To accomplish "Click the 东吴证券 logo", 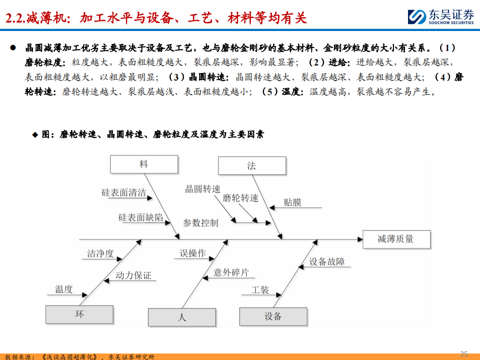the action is click(439, 16).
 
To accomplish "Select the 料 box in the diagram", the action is click(143, 164).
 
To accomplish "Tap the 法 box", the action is click(251, 166).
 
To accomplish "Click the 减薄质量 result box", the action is click(395, 239).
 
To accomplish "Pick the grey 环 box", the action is click(79, 314).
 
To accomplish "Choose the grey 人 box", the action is click(181, 317).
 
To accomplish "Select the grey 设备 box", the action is click(272, 316).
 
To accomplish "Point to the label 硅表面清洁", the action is click(123, 193).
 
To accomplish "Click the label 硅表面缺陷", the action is click(140, 217).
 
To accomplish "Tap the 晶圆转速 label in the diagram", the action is click(202, 189).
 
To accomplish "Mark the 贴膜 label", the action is click(292, 202).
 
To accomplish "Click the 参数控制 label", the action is click(200, 223).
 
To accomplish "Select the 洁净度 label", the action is click(100, 254).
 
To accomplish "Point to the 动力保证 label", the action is click(133, 275).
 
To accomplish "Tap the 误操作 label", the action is click(193, 253).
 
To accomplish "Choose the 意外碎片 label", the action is click(231, 272).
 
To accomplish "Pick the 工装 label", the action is click(260, 290).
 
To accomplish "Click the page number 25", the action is click(463, 354).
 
